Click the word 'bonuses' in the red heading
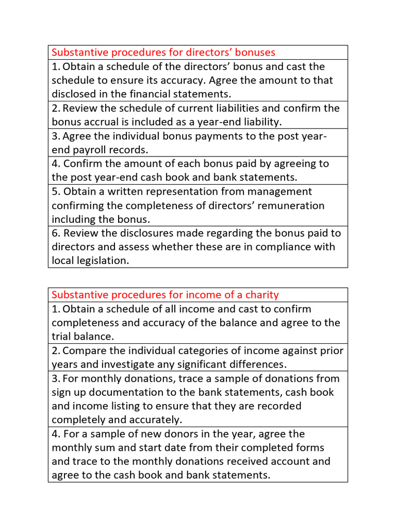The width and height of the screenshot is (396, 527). [252, 52]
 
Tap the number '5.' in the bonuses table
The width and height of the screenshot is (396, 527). [56, 191]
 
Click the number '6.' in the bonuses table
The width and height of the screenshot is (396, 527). [56, 233]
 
